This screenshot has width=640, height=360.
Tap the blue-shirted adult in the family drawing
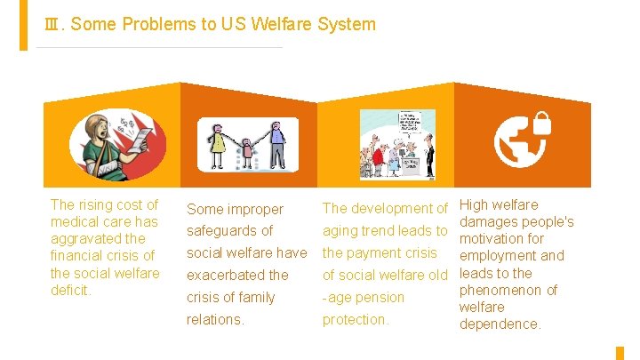pyautogui.click(x=276, y=144)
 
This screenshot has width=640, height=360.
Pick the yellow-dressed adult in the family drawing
pyautogui.click(x=217, y=144)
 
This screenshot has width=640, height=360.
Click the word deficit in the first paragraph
pyautogui.click(x=71, y=290)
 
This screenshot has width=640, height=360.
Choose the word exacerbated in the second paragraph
pyautogui.click(x=224, y=275)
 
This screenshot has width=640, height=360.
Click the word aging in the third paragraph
pyautogui.click(x=340, y=231)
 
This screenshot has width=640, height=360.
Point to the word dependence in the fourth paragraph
pyautogui.click(x=500, y=324)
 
